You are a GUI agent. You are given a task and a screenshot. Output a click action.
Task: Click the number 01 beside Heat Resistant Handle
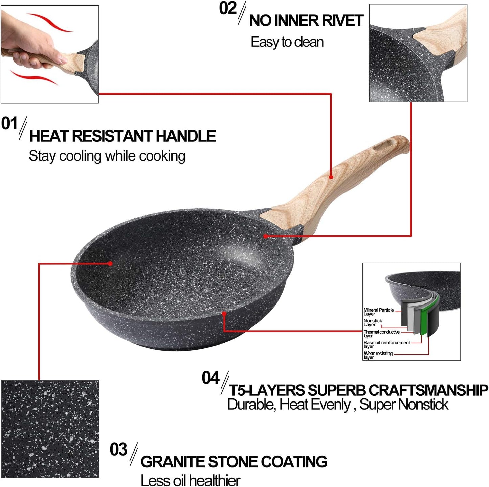(9, 124)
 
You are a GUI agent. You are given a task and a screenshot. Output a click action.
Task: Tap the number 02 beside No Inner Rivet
(227, 8)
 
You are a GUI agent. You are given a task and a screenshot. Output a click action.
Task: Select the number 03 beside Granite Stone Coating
(118, 449)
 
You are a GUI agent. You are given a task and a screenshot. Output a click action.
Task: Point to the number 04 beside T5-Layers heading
(210, 378)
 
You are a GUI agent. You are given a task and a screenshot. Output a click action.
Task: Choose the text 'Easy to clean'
(287, 42)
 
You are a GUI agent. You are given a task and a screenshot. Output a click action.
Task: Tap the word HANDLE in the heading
(185, 136)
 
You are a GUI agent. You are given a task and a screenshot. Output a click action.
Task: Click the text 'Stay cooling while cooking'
(107, 156)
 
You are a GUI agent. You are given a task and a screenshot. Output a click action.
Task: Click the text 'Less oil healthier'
(190, 480)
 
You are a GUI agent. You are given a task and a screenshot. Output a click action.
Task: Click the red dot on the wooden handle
(331, 177)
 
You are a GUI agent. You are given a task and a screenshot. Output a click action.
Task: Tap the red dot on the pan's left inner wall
(110, 263)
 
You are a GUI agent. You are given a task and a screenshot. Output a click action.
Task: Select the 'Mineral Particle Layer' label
(378, 312)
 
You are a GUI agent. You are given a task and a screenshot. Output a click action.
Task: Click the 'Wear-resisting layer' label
(378, 355)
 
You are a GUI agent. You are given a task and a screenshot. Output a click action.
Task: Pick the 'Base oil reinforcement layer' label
(386, 344)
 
